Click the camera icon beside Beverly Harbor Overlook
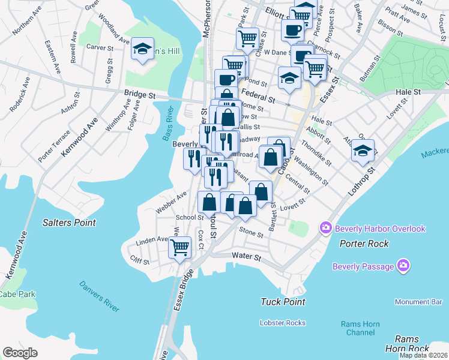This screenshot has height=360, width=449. pos(326,228)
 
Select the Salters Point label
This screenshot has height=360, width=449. pos(69,223)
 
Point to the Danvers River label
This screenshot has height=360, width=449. pos(99,296)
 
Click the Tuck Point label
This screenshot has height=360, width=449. pos(283,302)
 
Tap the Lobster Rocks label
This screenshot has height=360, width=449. pos(283,323)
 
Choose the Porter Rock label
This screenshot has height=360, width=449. pos(364,244)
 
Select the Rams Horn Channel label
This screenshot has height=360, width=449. pos(360,328)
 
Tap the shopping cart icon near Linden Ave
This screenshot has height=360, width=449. pos(180,247)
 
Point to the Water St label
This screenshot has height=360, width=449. pos(246,256)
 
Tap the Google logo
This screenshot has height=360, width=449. pos(20,353)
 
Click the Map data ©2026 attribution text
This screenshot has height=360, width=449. pos(423,355)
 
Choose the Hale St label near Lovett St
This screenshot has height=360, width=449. pos(408,92)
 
